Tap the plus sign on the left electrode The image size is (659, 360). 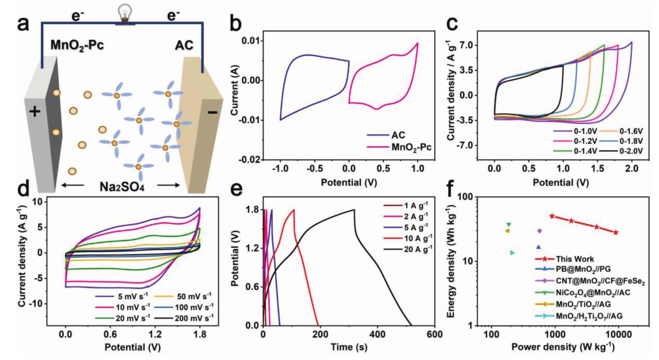34,111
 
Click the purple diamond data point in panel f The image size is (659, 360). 539,231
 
